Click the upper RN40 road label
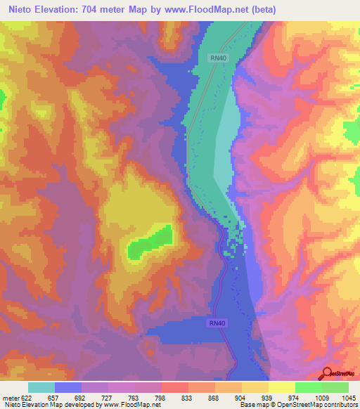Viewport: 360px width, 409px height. [217, 58]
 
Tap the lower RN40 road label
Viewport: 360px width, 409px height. [217, 323]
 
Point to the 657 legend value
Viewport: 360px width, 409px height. [54, 398]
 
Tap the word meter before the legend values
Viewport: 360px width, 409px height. [10, 398]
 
